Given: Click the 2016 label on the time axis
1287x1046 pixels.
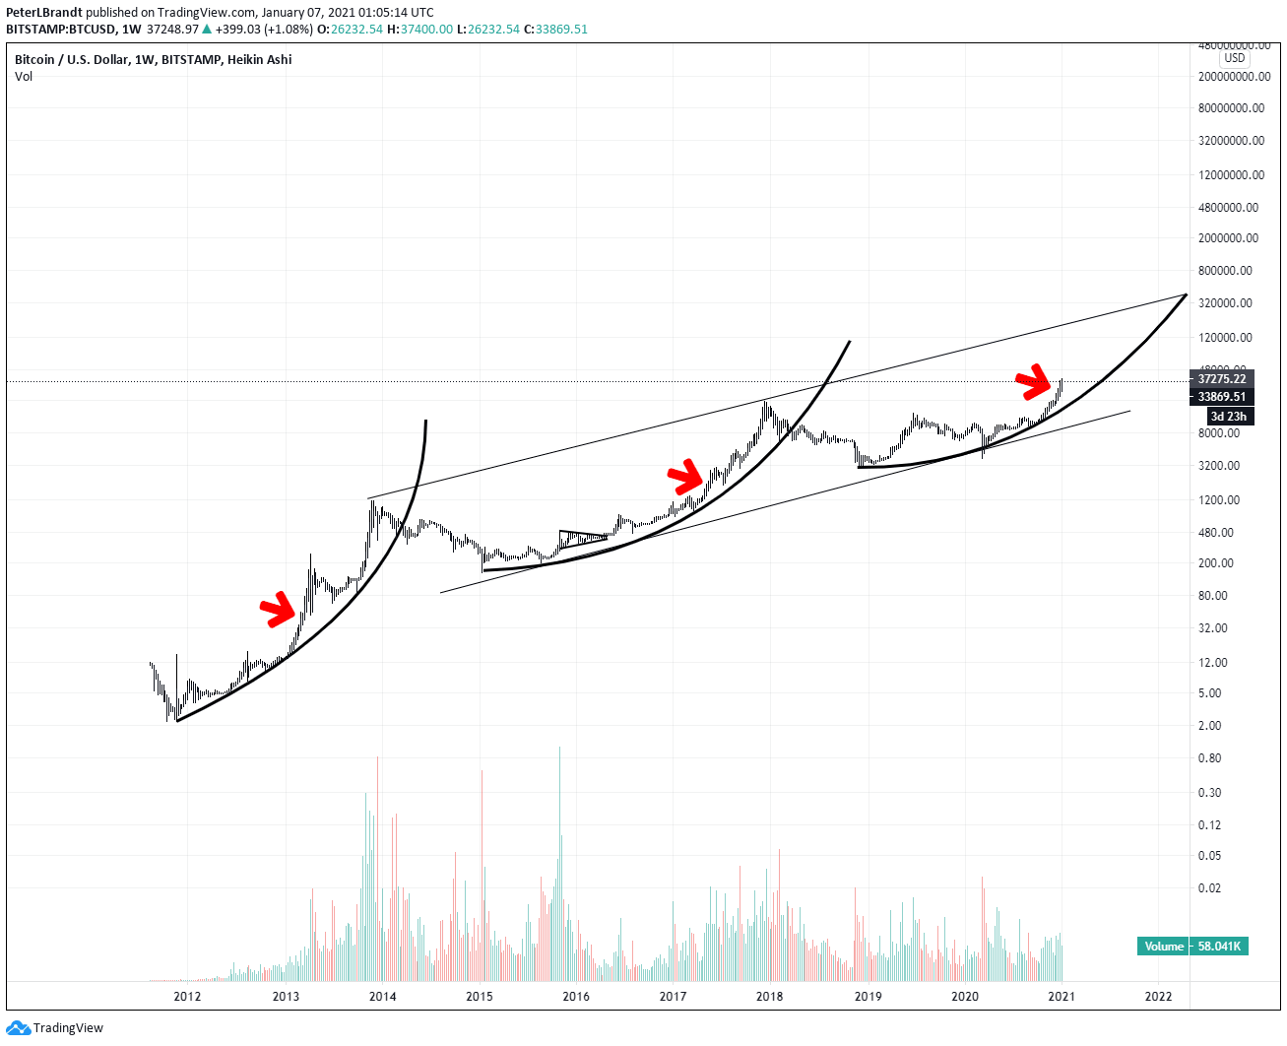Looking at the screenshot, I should (x=576, y=996).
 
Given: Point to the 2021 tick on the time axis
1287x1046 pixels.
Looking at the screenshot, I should (x=1062, y=996).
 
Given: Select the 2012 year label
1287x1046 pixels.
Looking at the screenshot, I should (x=187, y=996).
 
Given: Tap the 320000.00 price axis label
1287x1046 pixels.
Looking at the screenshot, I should (x=1226, y=303).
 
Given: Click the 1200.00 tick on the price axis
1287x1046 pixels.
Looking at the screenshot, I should (x=1219, y=499).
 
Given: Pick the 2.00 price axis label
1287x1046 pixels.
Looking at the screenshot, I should (x=1209, y=726).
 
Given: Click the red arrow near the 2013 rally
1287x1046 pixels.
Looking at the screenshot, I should (x=279, y=610).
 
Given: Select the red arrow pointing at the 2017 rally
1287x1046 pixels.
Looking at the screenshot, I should (x=686, y=477).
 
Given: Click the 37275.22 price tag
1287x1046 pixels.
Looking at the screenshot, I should (x=1221, y=379).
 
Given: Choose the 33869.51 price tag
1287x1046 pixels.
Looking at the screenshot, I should (x=1221, y=397).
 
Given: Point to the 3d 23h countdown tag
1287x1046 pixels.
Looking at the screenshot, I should (x=1228, y=417).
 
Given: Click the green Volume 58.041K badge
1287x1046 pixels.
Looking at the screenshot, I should (x=1192, y=947).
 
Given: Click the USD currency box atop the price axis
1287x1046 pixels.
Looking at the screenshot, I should (x=1235, y=58).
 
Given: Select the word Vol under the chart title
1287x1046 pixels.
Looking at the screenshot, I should (x=24, y=77).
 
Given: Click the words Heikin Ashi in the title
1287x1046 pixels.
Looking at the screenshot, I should (x=259, y=60).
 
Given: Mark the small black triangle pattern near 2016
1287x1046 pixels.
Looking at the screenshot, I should (x=581, y=538).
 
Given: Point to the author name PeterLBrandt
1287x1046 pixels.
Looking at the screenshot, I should (x=44, y=13).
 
